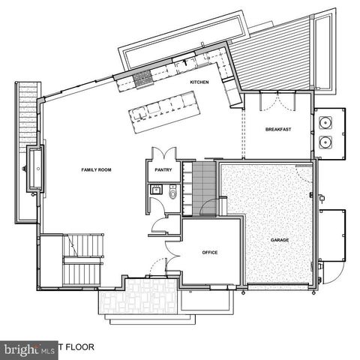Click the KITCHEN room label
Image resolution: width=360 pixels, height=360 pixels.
click(x=199, y=82)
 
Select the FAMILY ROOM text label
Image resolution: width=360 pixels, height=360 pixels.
click(x=96, y=170)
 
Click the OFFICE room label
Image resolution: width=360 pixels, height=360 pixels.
click(x=210, y=253)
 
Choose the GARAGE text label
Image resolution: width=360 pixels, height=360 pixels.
click(x=279, y=240)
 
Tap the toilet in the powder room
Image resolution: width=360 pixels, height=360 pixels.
click(x=172, y=194)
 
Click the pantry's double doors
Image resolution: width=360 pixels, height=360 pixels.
click(x=163, y=153)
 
